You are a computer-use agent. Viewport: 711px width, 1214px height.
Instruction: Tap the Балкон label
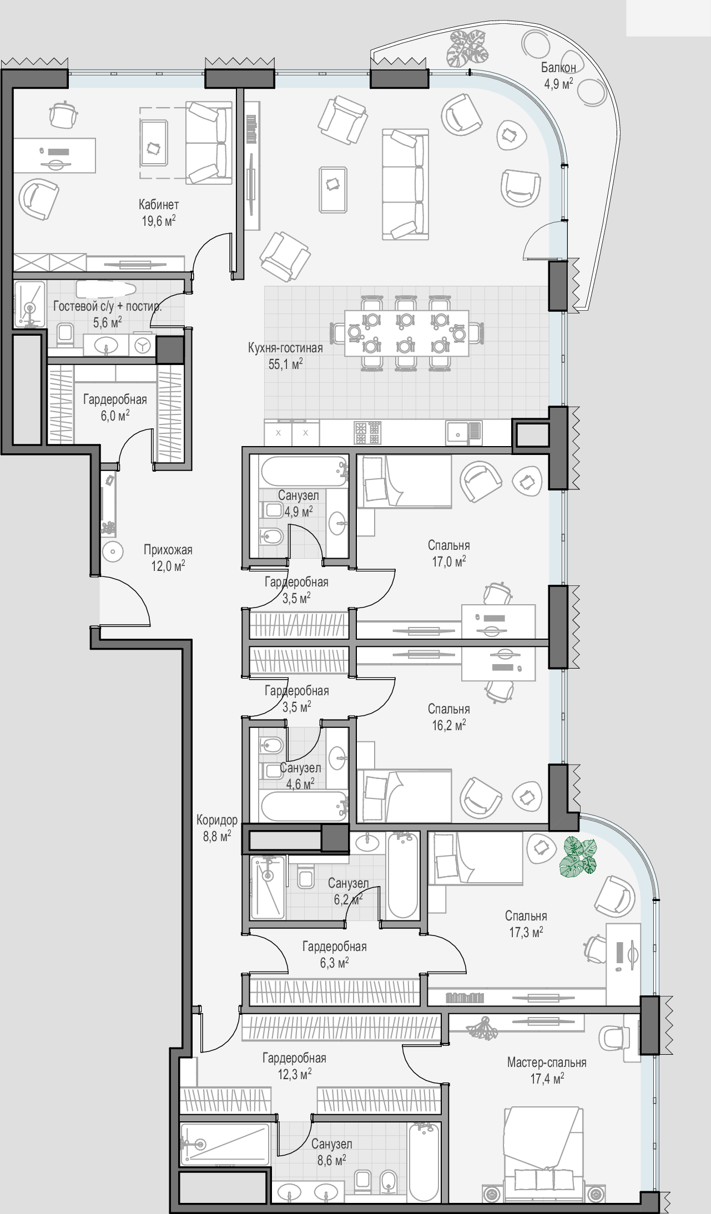click(558, 68)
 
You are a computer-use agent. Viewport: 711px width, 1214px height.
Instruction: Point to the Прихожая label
click(168, 550)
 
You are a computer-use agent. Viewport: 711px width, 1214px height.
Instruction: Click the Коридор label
click(217, 820)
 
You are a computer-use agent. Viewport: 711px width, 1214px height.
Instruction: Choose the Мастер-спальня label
click(547, 1063)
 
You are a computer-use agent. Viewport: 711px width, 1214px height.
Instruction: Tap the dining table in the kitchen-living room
click(406, 332)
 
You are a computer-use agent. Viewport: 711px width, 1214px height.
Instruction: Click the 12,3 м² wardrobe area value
click(294, 1075)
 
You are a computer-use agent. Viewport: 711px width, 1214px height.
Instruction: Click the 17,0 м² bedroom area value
click(449, 562)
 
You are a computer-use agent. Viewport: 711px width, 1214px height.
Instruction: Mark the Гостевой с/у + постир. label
click(108, 306)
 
